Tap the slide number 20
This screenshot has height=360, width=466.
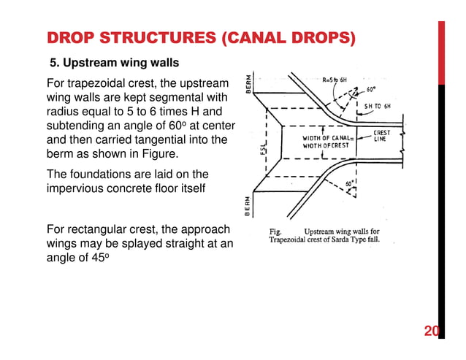point(431,333)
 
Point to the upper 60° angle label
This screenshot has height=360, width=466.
point(372,92)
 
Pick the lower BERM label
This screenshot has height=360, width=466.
point(249,206)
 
